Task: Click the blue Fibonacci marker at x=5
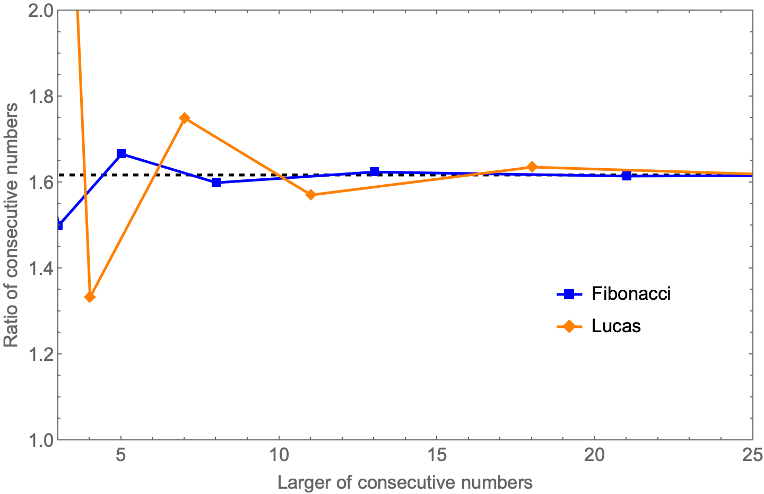pos(121,154)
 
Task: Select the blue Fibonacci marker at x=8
pos(216,182)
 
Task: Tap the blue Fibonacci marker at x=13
pos(374,171)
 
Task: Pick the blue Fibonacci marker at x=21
pos(627,176)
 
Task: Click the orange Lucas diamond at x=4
pos(90,297)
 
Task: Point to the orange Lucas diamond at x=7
pos(184,118)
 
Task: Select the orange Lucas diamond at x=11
pos(311,195)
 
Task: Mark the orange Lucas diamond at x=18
pos(532,167)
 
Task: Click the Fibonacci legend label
pos(631,294)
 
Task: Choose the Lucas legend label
pos(616,326)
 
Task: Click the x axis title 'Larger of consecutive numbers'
pos(405,483)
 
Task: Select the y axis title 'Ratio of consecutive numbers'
pos(11,225)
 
